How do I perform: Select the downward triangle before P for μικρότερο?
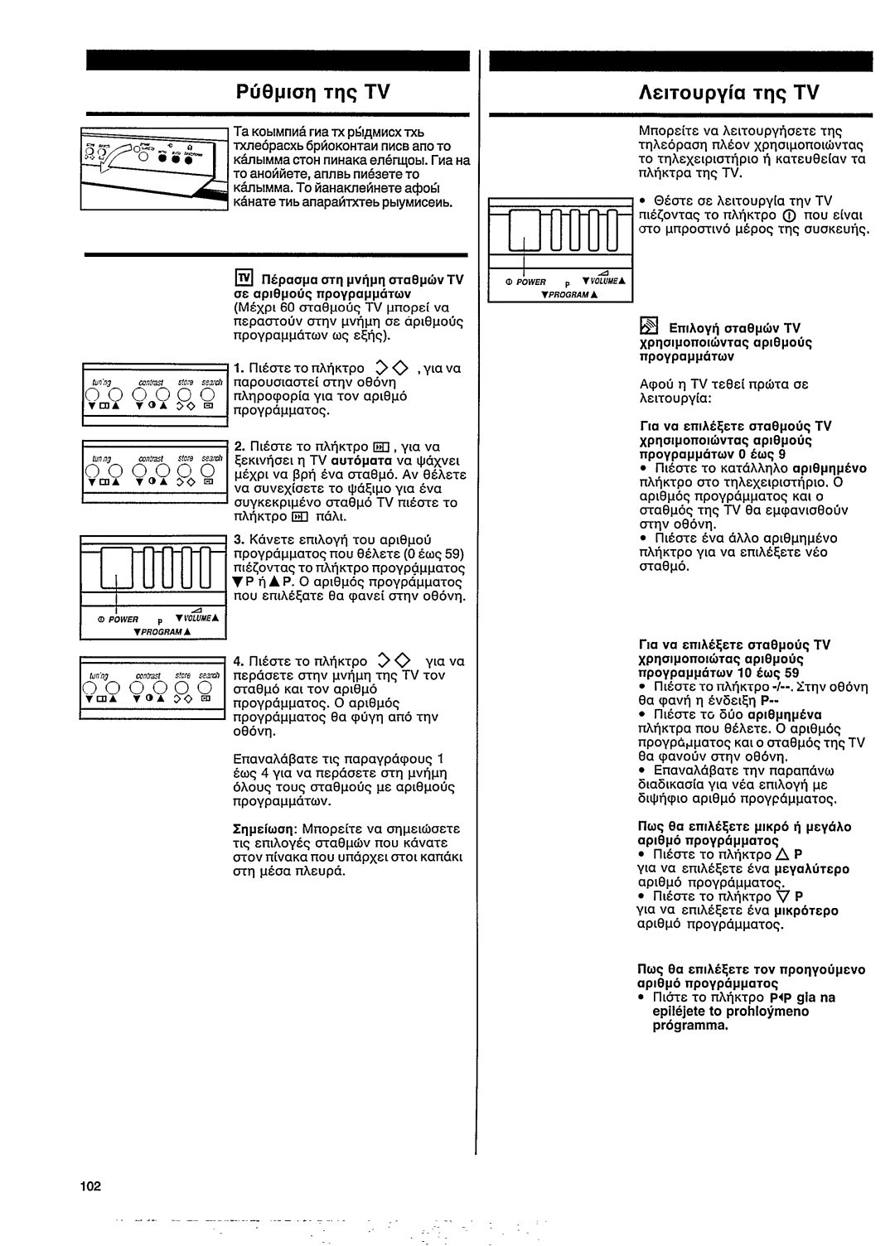[782, 896]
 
